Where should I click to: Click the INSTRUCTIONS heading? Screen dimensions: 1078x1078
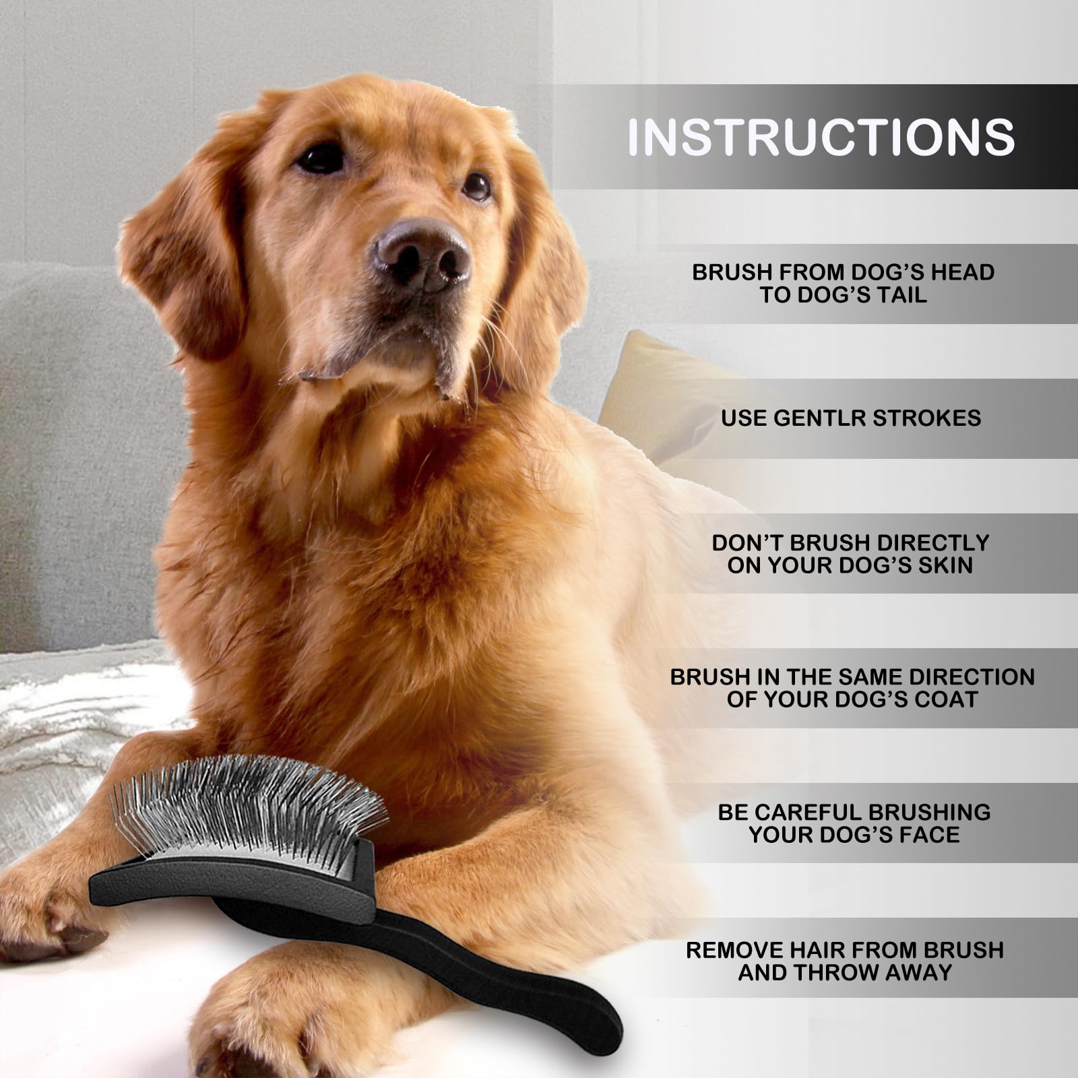click(x=821, y=137)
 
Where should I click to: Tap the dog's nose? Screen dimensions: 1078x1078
click(x=422, y=255)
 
